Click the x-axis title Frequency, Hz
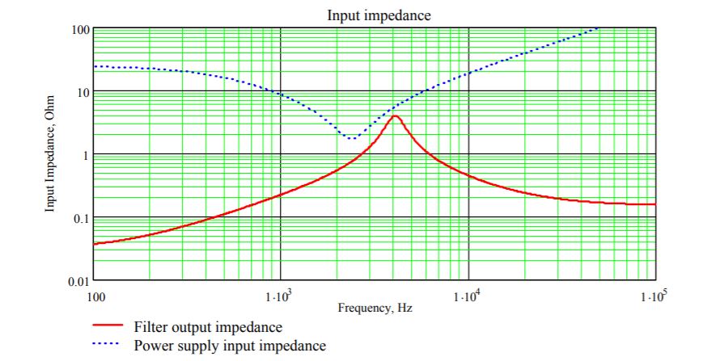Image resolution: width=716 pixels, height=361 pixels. pos(375,308)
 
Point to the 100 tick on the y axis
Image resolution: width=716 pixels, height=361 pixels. pos(78,30)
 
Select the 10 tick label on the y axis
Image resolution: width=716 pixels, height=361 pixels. pos(82,92)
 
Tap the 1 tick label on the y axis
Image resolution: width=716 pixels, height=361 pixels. pos(85,154)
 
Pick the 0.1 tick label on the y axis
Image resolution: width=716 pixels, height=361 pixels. pos(79,217)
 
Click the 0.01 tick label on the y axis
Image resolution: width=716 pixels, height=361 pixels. pos(77,280)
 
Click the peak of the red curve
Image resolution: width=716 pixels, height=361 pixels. pos(395,115)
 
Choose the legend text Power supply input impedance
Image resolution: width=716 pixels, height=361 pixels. pos(229,346)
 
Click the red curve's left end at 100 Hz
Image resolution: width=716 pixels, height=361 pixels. pos(95,243)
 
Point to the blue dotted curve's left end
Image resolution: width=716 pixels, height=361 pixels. pos(95,66)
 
